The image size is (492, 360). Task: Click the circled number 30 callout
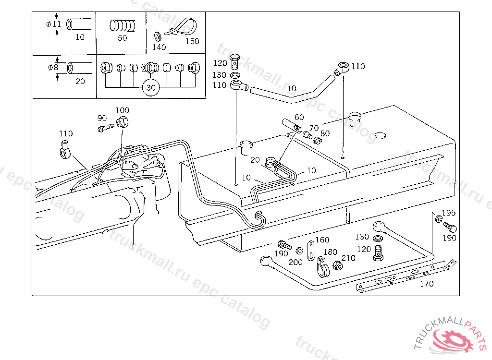coord(151,88)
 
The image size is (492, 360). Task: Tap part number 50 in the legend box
coord(123,38)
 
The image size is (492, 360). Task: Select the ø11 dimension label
coord(54,24)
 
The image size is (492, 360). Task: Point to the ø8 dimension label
coord(53,67)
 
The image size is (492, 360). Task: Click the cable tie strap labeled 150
coord(184,27)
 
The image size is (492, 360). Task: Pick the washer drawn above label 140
coord(158,36)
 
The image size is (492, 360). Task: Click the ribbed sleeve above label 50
coord(123,25)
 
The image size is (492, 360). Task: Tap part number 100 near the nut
coord(122,110)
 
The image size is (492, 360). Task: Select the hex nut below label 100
coord(123,121)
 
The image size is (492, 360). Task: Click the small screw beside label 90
coord(106,128)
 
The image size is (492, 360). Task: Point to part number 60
coord(299,117)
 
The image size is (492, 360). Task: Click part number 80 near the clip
coord(325,133)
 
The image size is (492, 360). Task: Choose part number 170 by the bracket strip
coord(427,284)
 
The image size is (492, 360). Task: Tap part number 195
coord(448,213)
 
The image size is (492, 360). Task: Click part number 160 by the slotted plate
coord(322,240)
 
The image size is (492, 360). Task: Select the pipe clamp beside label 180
coord(322,267)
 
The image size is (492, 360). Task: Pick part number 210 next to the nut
coord(348,258)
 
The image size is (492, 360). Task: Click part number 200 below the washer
coord(295,262)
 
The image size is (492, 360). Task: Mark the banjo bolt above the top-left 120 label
coord(234,62)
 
